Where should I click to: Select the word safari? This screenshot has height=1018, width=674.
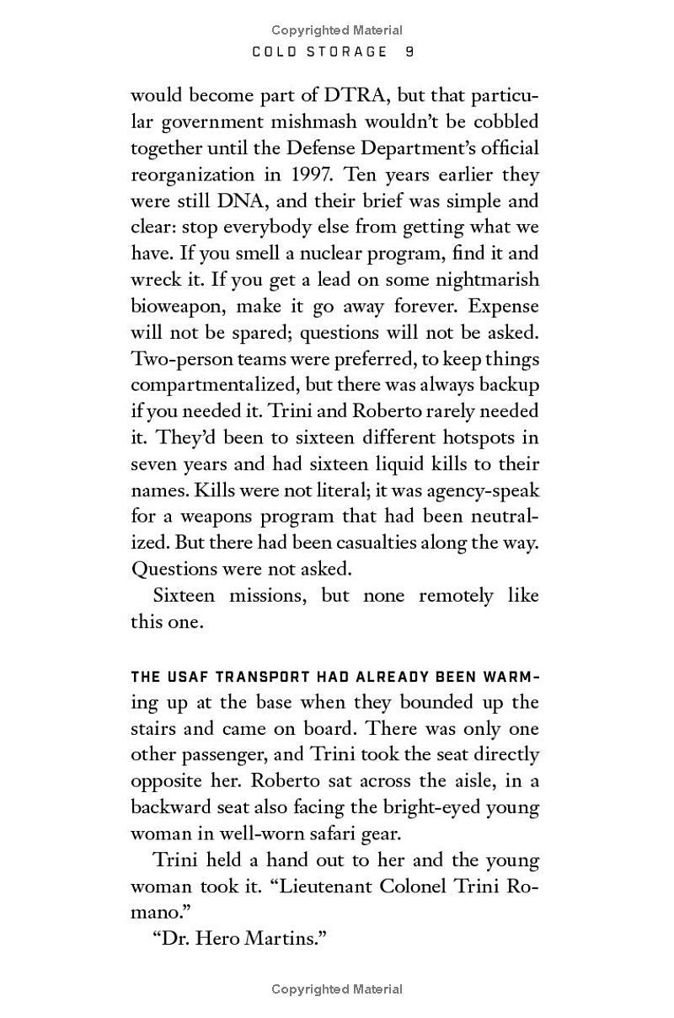click(x=348, y=833)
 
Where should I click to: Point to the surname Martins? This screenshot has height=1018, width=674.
click(x=284, y=938)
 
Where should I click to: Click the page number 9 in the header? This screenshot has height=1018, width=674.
click(x=409, y=52)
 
